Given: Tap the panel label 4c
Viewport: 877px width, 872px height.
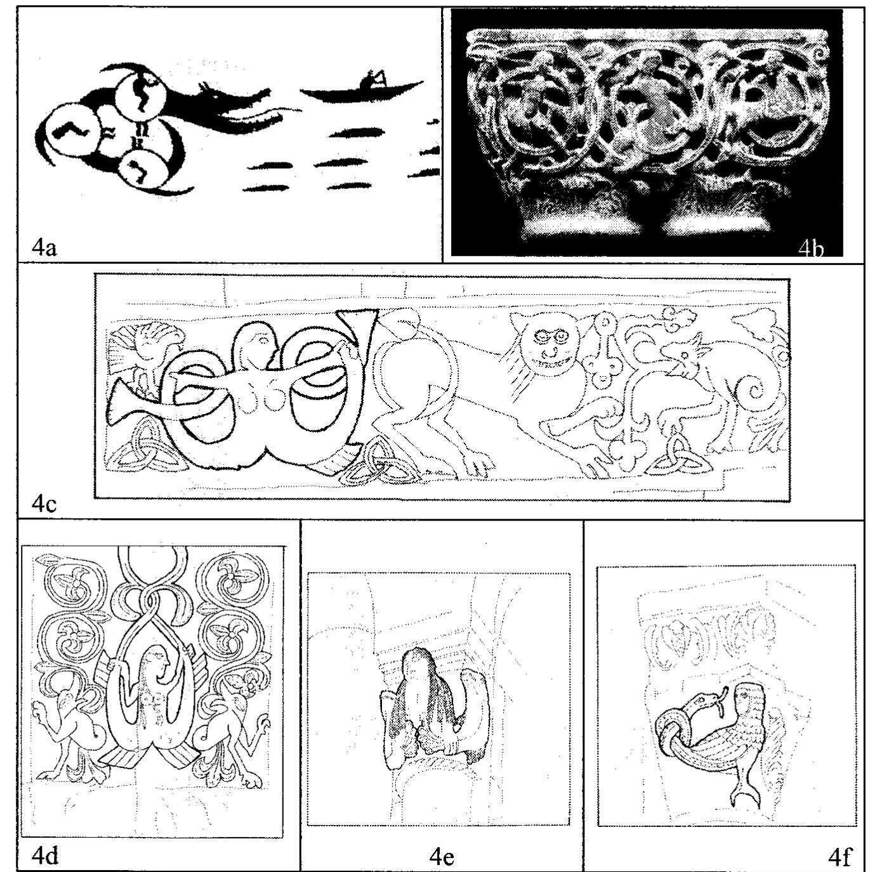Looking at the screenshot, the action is [44, 504].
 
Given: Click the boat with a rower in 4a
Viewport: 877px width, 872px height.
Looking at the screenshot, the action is [362, 89].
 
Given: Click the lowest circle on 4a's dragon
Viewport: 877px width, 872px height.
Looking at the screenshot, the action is [142, 167].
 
